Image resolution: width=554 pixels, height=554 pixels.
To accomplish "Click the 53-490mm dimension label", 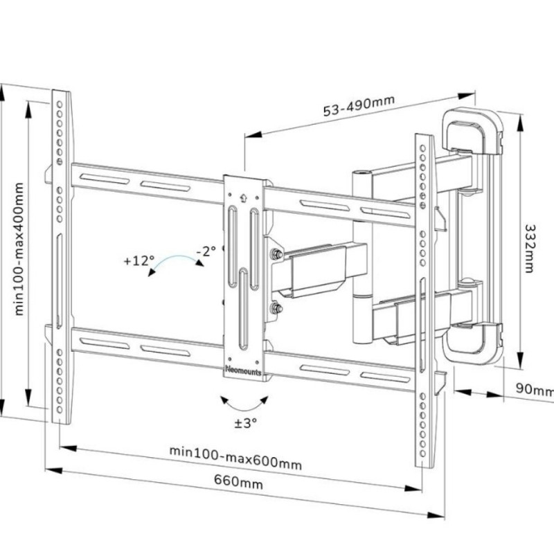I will coord(359,106).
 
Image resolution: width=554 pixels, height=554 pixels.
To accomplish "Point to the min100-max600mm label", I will coord(235,458).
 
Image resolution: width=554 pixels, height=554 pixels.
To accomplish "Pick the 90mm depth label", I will coord(535,389).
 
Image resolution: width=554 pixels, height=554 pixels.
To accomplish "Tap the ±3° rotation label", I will coord(246,422).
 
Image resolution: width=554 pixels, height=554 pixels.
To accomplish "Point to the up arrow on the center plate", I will coord(242,196).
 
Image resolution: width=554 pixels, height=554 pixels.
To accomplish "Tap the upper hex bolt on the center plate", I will coord(277,254).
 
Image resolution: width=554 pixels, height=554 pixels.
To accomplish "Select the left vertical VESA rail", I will coord(61,256).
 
